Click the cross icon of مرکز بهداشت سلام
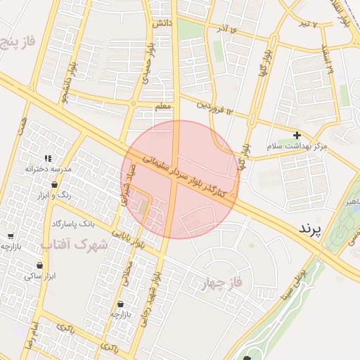pyautogui.click(x=297, y=135)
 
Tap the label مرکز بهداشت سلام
pyautogui.click(x=297, y=146)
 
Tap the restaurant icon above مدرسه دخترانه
pyautogui.click(x=48, y=159)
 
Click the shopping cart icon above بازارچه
pyautogui.click(x=123, y=304)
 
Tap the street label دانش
pyautogui.click(x=162, y=23)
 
